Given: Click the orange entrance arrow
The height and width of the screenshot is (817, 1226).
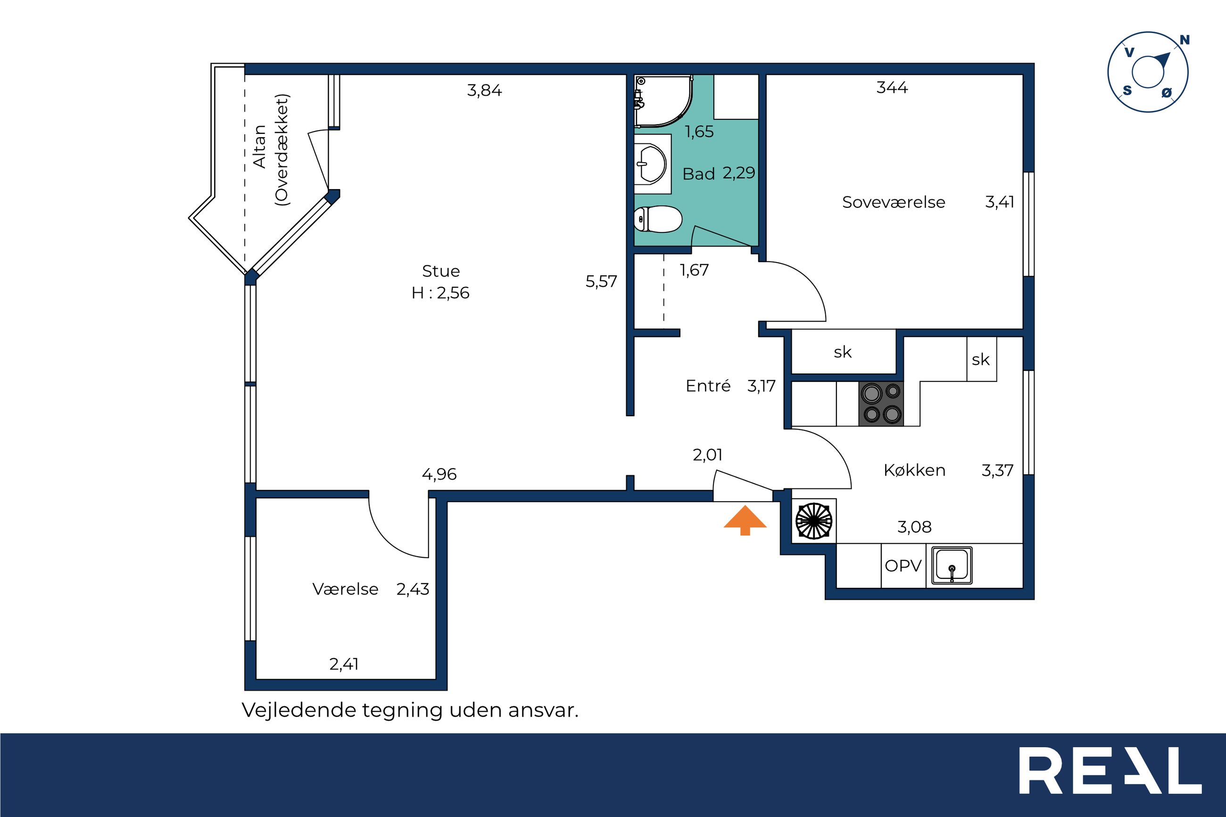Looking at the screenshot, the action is pos(745,520).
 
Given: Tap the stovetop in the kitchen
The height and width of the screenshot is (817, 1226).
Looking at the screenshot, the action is pos(881,404).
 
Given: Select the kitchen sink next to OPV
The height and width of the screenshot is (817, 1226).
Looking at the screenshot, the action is pos(952,565).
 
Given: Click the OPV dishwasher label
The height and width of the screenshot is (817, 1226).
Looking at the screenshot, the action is pos(903,566).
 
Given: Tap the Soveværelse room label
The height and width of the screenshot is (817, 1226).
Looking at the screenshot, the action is pos(894,202).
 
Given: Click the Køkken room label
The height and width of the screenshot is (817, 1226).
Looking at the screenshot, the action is pos(914,470).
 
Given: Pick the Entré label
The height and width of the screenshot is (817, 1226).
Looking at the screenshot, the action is pos(708,386).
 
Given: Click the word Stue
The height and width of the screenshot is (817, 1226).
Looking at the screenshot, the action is pos(441,271).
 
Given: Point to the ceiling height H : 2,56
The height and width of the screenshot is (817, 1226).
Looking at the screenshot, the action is pos(440,293).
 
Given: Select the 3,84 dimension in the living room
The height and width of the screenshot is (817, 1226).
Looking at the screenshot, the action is pos(485,91).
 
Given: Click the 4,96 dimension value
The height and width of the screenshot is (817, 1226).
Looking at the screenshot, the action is pos(439,474).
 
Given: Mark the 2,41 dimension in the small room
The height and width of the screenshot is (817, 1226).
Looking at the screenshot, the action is pos(344,664).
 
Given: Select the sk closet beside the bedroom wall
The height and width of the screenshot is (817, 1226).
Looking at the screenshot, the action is pos(843,352).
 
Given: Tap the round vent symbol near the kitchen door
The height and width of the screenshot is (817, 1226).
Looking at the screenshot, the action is pos(813,520).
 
